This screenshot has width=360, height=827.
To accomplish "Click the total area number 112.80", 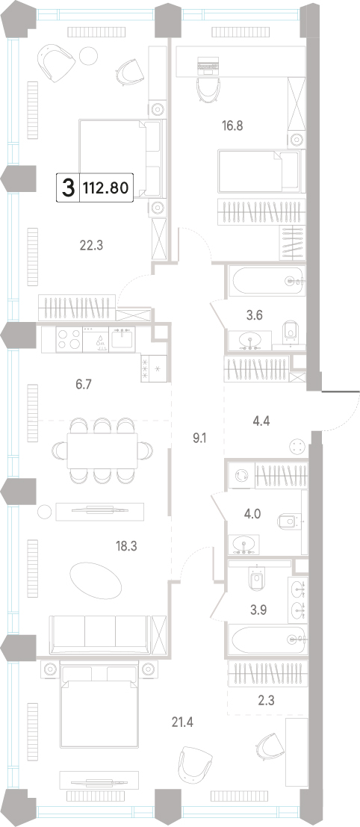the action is [x=105, y=187].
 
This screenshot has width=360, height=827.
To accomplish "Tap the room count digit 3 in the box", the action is [x=68, y=187].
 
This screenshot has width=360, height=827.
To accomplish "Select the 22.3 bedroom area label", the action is [x=90, y=245].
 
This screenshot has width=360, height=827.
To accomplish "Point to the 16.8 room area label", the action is [x=232, y=126].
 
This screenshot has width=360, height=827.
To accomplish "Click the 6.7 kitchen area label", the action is [x=84, y=384].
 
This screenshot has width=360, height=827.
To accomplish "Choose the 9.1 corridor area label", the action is [x=198, y=437].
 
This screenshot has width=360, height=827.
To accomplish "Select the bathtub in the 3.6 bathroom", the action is [x=266, y=281].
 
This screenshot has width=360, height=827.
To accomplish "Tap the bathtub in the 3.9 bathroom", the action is [x=266, y=639].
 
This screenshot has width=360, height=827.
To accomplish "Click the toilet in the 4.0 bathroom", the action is [x=288, y=521].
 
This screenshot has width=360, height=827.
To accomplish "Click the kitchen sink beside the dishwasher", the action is [x=122, y=338].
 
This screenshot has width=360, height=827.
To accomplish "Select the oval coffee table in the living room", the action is [x=96, y=578].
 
